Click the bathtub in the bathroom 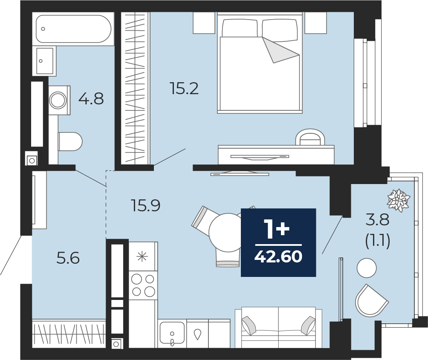[73, 29]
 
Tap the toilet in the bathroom [70, 141]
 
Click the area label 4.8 [91, 99]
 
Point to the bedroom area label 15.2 [184, 88]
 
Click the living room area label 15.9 [145, 205]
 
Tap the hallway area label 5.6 [68, 258]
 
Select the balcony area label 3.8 [378, 220]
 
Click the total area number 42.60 [278, 256]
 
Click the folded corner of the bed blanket [280, 50]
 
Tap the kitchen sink [172, 333]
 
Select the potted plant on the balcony [399, 200]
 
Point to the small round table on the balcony [367, 268]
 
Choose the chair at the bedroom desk [310, 137]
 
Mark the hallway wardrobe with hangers [69, 333]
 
